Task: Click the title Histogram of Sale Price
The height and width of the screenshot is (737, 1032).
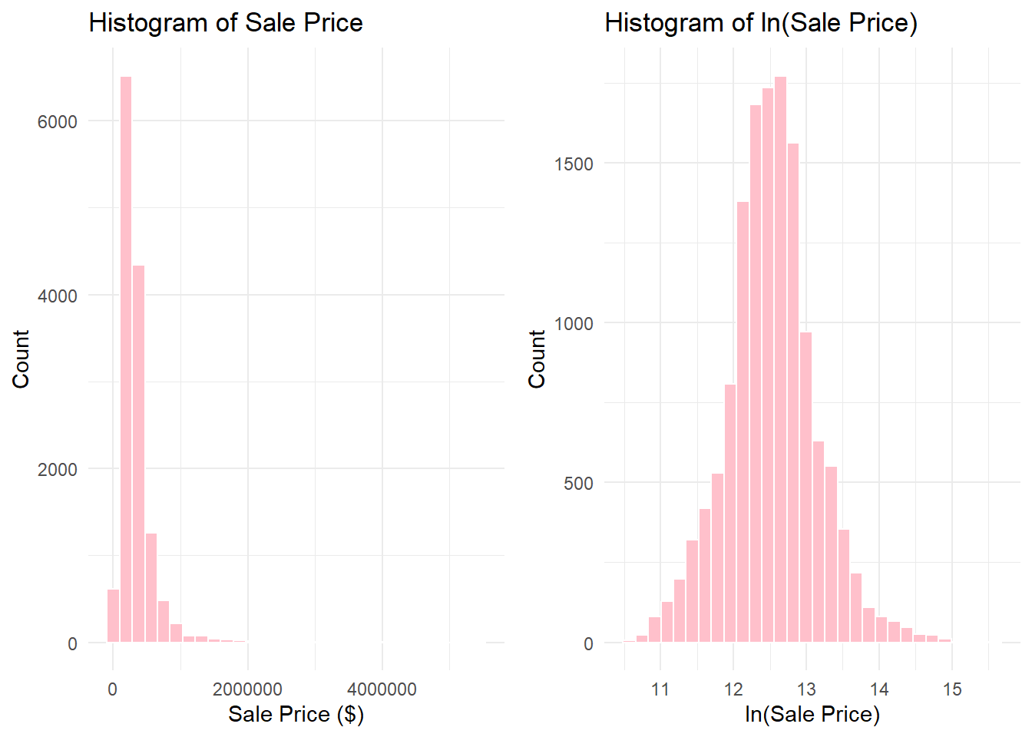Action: click(x=226, y=23)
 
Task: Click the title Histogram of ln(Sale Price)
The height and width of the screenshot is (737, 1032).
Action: click(x=761, y=23)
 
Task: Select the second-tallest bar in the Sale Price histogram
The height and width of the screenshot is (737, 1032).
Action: click(x=138, y=453)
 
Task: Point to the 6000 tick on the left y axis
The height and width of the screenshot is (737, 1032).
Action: click(x=58, y=122)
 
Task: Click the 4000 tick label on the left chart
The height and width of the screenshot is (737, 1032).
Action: click(x=58, y=296)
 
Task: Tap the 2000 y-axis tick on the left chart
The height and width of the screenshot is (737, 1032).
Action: click(x=58, y=470)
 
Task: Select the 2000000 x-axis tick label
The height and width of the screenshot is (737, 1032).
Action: click(x=247, y=689)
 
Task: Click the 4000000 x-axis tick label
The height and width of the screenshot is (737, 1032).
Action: click(x=382, y=689)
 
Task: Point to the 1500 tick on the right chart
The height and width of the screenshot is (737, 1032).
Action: click(x=574, y=164)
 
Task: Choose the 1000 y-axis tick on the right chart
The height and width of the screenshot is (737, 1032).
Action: click(x=574, y=324)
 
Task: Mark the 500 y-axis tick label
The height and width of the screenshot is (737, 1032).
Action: click(x=578, y=484)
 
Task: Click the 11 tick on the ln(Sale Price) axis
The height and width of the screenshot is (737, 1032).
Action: click(x=660, y=689)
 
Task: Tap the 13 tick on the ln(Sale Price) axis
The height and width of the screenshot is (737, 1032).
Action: click(x=806, y=689)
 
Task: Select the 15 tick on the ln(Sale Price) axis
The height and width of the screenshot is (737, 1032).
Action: click(x=952, y=689)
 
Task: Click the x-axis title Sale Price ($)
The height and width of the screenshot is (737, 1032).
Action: click(x=296, y=715)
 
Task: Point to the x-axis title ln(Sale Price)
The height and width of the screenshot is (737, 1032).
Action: click(x=812, y=715)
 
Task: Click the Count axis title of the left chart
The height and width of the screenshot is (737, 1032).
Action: click(x=21, y=359)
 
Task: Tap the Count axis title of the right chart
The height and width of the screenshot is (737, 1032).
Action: click(x=537, y=359)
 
